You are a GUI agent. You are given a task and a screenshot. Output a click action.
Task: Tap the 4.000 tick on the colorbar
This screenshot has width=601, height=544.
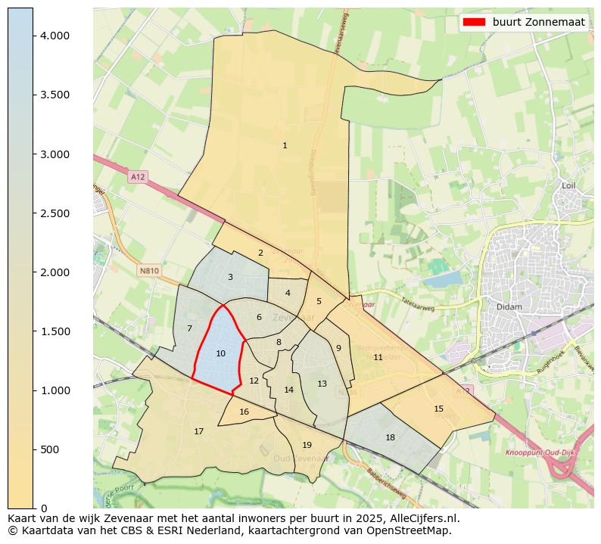tap(33, 36)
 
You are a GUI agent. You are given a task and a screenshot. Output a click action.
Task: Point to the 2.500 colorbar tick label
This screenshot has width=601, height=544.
tap(55, 213)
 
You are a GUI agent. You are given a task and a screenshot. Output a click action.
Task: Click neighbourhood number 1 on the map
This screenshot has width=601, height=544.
tap(285, 145)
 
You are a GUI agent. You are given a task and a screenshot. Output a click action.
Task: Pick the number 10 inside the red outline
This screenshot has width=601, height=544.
tap(220, 353)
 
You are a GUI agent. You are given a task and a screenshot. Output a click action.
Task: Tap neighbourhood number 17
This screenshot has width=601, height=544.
tap(198, 431)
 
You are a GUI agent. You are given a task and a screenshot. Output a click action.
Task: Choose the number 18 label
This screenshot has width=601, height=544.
tap(390, 437)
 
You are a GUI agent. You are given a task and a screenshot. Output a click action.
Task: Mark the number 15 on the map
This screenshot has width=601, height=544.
tap(438, 409)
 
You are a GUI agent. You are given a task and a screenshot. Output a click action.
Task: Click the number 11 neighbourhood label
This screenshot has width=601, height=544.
tap(378, 357)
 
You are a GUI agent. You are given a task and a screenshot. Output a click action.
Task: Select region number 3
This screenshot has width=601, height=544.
tap(230, 277)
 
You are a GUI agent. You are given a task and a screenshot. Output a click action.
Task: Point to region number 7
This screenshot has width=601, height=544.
tap(189, 328)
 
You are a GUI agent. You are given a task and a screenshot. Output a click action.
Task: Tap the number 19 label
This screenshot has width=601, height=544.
tap(307, 445)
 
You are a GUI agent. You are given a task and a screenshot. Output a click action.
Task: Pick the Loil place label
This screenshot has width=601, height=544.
tap(569, 185)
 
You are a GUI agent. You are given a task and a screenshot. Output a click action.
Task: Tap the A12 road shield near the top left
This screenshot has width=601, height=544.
tap(137, 177)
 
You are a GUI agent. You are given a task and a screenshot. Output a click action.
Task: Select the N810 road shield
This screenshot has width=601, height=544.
tap(149, 270)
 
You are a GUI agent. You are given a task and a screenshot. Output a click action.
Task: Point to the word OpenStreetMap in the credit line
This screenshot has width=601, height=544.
tap(415, 530)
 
